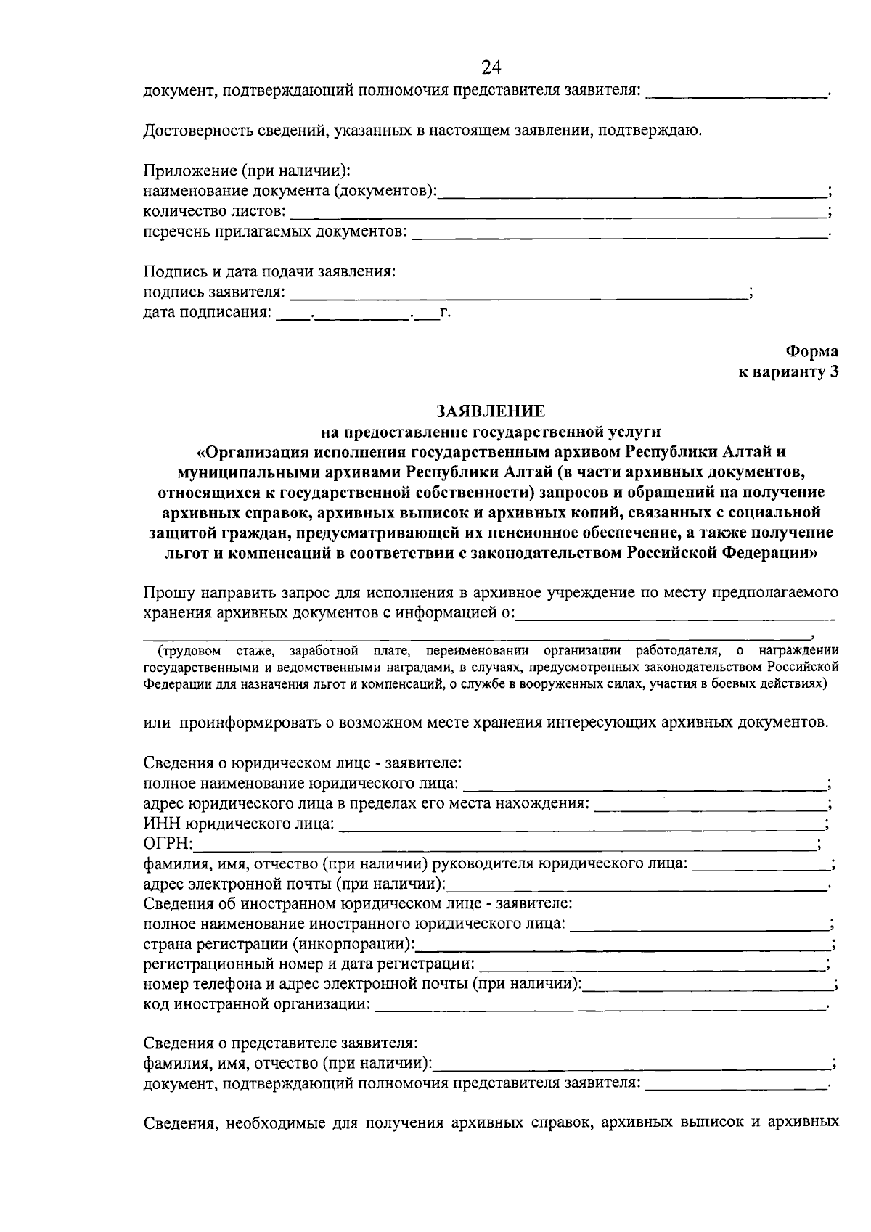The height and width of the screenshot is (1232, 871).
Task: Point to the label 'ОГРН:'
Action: click(x=168, y=843)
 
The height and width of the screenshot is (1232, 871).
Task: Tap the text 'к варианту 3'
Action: click(x=788, y=372)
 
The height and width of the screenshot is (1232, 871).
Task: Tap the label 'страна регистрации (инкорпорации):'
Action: click(x=279, y=945)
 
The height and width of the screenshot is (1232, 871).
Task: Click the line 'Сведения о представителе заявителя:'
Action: click(x=280, y=1043)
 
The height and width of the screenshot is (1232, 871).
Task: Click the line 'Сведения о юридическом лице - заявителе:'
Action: click(x=303, y=763)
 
